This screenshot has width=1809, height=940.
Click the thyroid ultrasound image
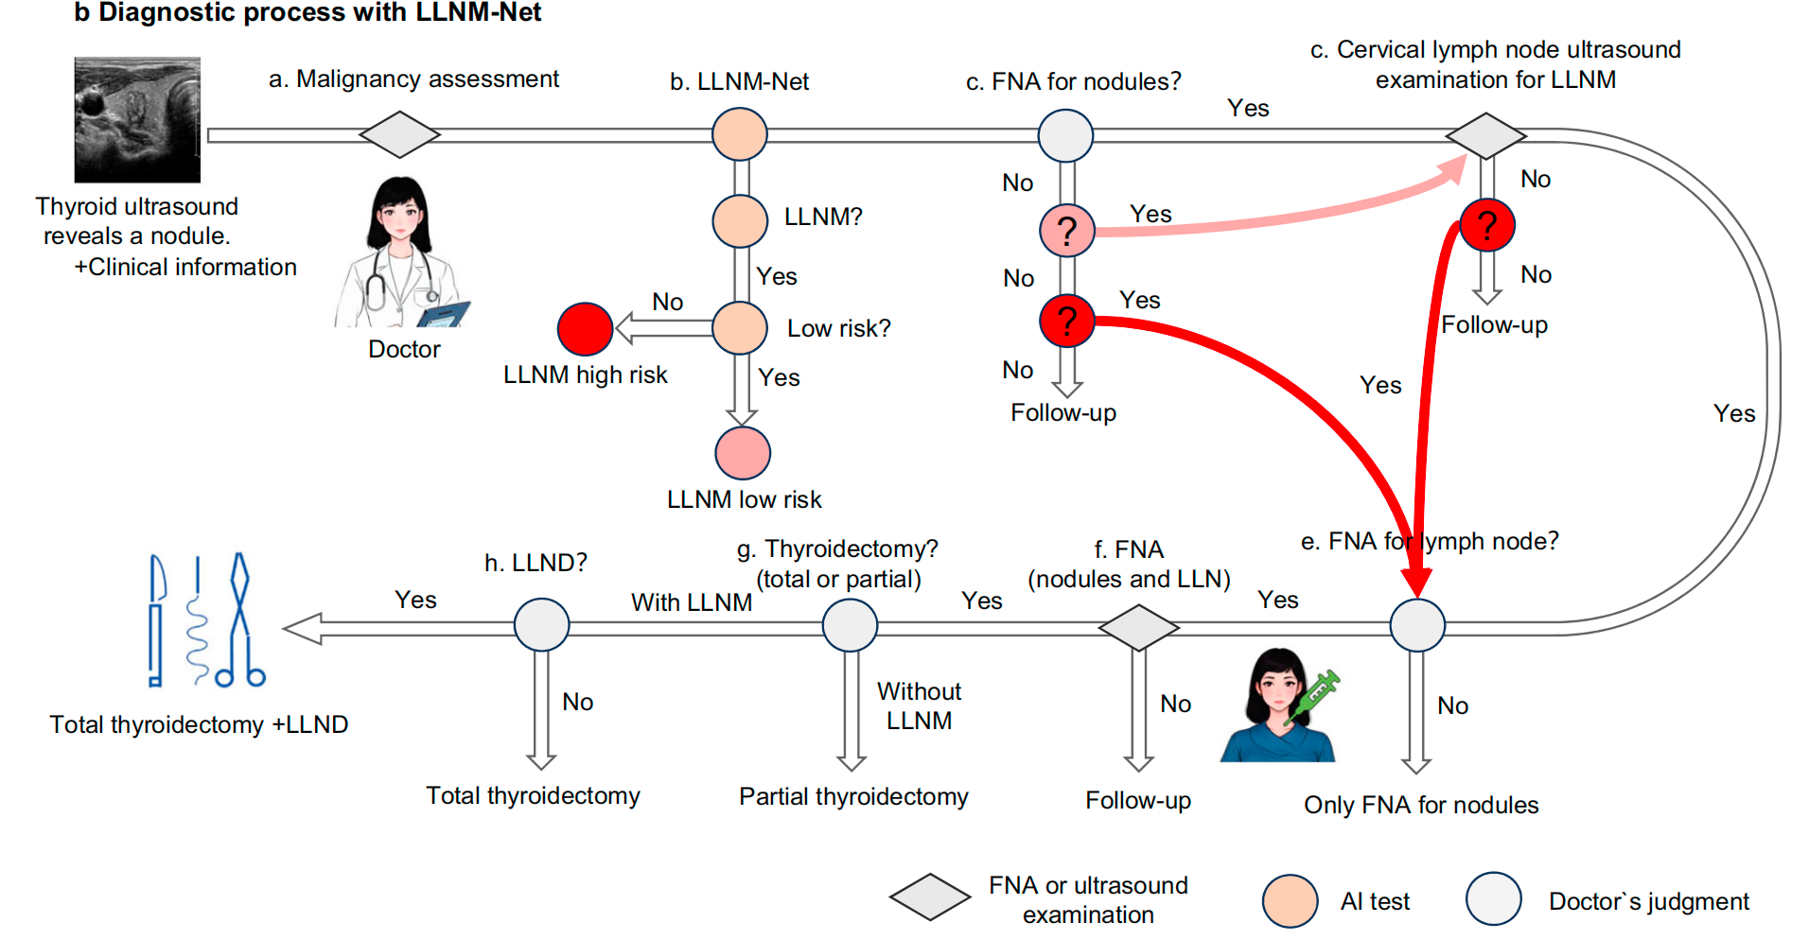137,119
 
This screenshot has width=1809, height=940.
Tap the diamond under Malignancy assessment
399,134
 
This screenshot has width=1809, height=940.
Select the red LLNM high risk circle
585,329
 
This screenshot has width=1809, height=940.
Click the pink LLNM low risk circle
743,453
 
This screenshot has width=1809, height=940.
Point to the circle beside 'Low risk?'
740,328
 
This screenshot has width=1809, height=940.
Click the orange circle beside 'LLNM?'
740,220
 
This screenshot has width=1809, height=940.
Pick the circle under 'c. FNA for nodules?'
1065,135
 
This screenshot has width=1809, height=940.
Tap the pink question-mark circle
1067,230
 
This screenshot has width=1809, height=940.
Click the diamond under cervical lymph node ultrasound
1485,135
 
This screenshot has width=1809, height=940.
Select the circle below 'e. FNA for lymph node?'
1417,625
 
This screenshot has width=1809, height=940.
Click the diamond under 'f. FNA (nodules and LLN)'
1138,627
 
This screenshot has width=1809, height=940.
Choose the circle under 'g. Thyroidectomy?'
850,625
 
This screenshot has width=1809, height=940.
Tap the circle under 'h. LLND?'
541,625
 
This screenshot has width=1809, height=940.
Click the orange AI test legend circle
1290,901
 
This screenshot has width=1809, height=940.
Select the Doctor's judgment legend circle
1493,899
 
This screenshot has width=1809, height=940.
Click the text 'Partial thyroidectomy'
853,796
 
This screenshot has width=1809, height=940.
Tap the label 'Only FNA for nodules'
1421,805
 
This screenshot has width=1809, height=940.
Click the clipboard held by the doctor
444,315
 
